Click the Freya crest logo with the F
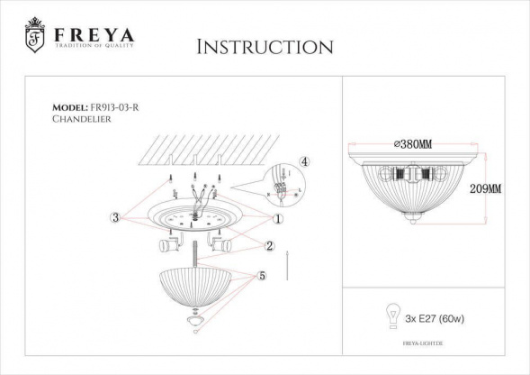tap(34, 35)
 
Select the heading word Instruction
tap(264, 47)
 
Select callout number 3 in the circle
tap(115, 217)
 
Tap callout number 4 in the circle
tap(304, 161)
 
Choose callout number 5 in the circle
tap(262, 277)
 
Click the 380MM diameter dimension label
tap(412, 144)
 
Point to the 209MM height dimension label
tap(486, 189)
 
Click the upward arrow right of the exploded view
tap(285, 266)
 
